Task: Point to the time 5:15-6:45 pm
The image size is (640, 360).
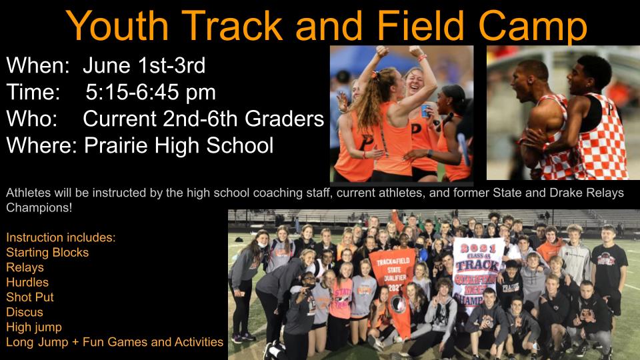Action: (151, 92)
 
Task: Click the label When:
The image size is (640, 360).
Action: (39, 65)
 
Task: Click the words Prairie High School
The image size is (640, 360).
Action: (179, 145)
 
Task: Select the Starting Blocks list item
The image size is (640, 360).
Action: (47, 252)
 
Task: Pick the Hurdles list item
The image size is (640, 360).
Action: (27, 282)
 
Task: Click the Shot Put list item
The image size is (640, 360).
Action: (30, 297)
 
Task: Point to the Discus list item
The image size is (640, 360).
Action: (25, 312)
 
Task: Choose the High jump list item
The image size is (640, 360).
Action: (34, 327)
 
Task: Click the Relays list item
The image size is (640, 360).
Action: (25, 267)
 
